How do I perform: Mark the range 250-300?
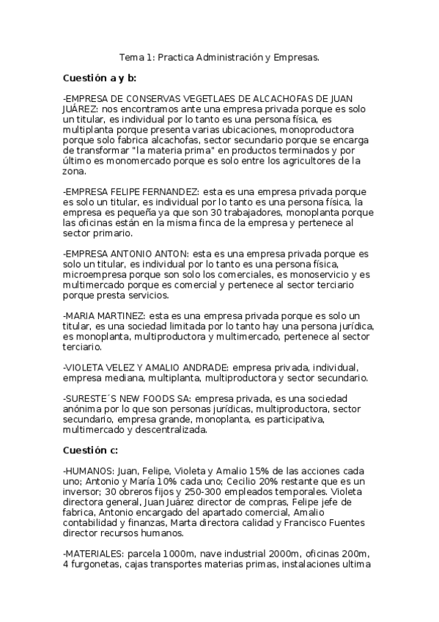click(x=215, y=491)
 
